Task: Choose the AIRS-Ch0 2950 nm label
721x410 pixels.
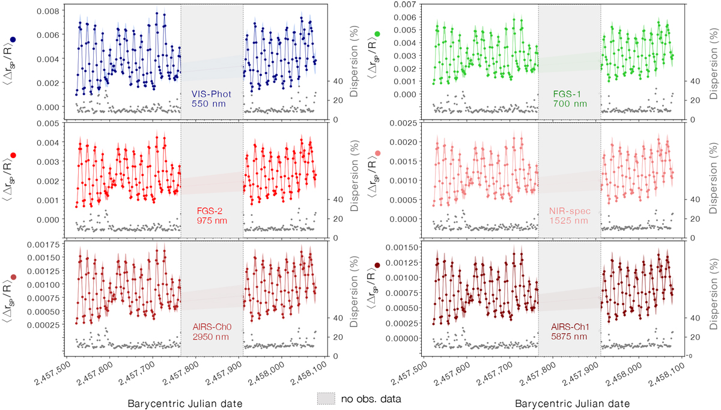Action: tap(210, 334)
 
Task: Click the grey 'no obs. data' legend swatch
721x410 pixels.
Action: tap(326, 398)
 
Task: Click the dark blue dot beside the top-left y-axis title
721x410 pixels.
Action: tap(13, 40)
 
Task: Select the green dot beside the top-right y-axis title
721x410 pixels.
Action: tap(377, 34)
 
